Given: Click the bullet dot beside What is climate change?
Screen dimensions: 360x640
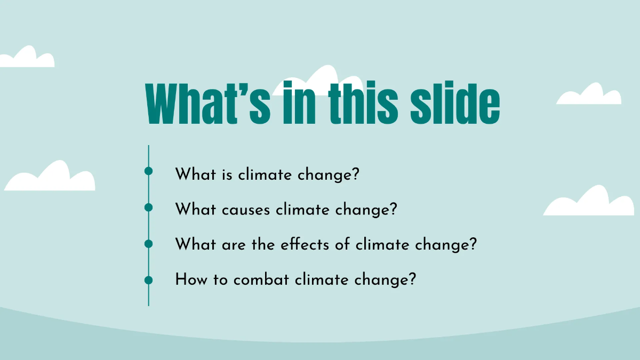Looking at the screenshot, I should click(x=148, y=171).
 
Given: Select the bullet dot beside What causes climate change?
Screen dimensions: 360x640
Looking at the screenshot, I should click(x=148, y=207).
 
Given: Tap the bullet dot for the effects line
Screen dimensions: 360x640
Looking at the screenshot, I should click(x=148, y=244).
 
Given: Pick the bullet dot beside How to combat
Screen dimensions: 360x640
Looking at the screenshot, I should click(x=148, y=279).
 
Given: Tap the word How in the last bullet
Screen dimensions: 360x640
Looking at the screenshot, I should click(x=187, y=280).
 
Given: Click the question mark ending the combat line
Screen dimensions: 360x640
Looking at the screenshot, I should click(x=411, y=280).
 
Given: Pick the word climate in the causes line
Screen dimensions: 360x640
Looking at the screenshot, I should click(x=303, y=210).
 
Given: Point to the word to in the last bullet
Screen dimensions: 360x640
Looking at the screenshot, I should click(x=221, y=280).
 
